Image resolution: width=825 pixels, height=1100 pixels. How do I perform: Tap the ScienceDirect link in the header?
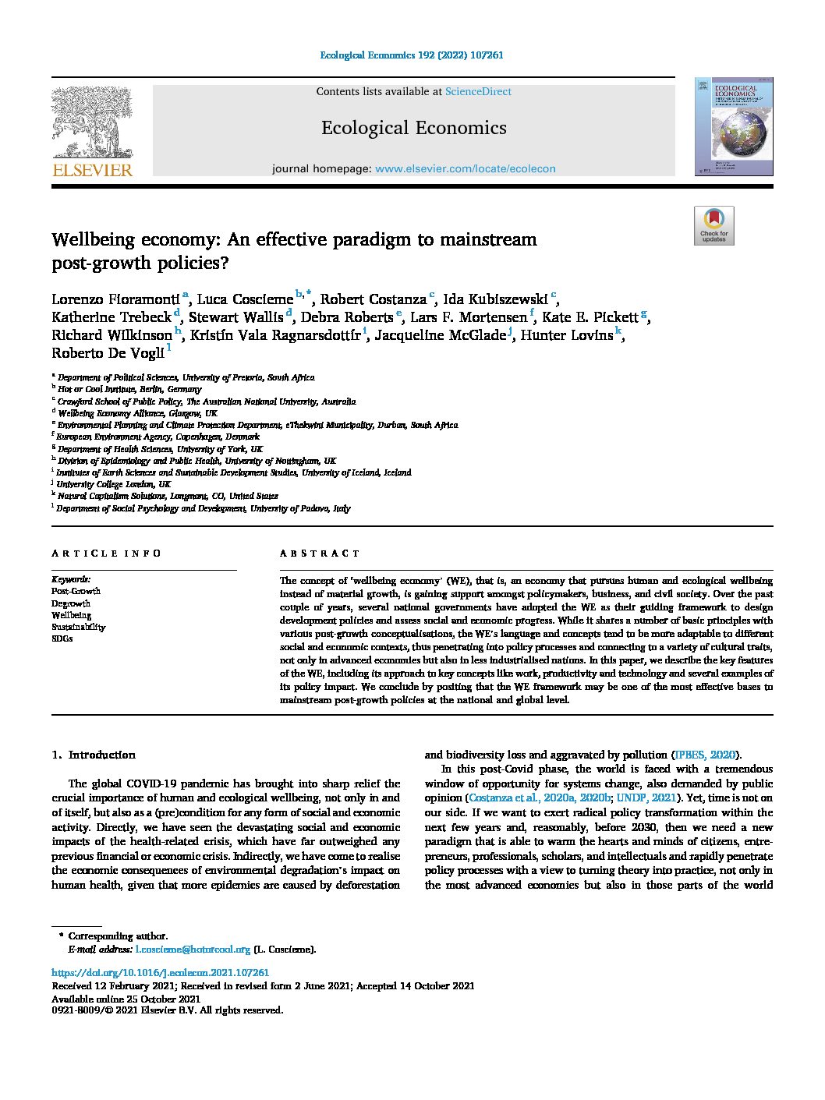click(x=478, y=92)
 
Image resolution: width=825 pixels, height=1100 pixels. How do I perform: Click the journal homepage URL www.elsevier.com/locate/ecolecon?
click(x=466, y=168)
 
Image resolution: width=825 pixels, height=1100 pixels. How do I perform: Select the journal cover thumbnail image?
click(x=734, y=126)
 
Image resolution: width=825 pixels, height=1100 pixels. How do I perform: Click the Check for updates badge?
click(x=713, y=226)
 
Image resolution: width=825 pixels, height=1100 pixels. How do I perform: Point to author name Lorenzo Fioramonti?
click(x=115, y=299)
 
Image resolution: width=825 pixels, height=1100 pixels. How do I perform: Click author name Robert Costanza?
click(x=374, y=299)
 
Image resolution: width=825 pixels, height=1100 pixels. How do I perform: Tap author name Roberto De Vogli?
click(x=108, y=353)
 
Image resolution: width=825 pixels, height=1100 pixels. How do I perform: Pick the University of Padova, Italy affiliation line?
click(x=203, y=508)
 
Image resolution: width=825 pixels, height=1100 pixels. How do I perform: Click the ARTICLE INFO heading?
click(x=106, y=554)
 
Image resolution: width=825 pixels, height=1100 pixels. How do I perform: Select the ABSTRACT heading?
click(x=320, y=554)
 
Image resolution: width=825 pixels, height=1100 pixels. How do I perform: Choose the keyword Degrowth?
click(x=71, y=603)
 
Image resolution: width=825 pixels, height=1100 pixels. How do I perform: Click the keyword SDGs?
click(x=62, y=638)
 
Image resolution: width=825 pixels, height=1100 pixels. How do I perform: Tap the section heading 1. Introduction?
click(x=94, y=755)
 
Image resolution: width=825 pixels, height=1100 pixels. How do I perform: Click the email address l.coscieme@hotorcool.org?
click(x=193, y=950)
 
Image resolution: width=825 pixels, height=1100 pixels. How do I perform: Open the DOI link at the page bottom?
click(x=160, y=973)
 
